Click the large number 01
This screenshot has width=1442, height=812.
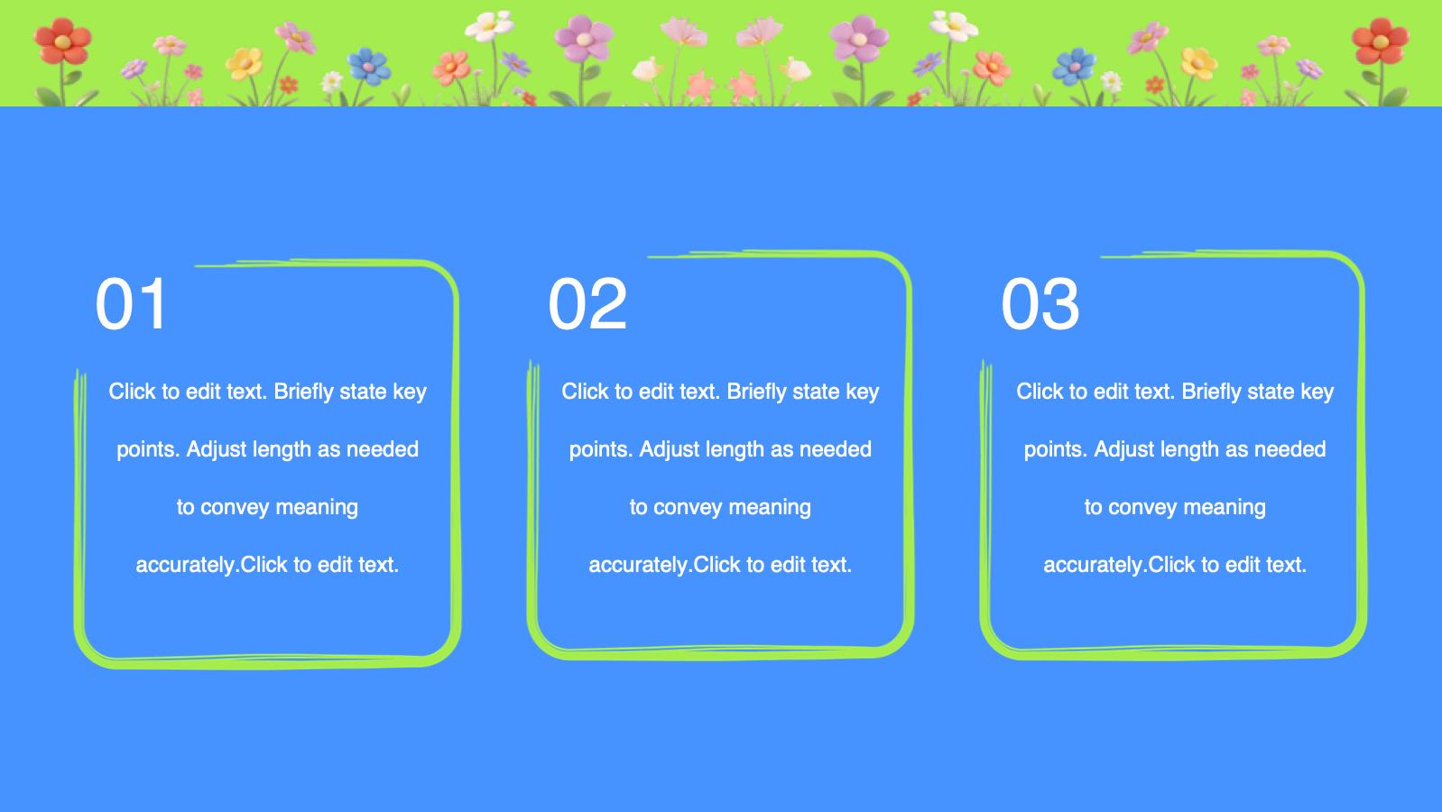(x=132, y=304)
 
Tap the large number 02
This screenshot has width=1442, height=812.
(x=587, y=304)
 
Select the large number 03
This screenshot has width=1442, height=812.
(x=1040, y=304)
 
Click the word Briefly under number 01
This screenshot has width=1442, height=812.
(x=303, y=392)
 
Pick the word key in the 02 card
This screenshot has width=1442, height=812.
(x=862, y=392)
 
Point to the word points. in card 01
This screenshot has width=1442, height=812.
(x=148, y=449)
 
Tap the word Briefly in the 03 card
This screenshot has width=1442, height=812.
(x=1211, y=392)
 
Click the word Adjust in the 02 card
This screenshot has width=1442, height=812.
(x=668, y=449)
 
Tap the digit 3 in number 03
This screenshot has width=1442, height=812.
(x=1060, y=304)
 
